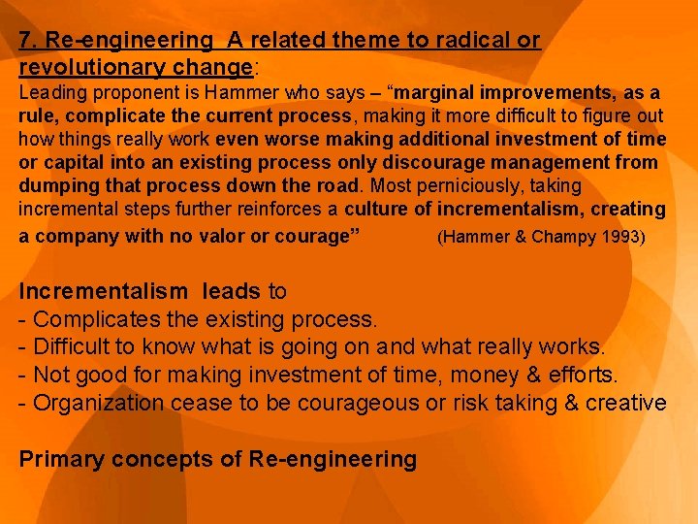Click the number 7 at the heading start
pos(25,41)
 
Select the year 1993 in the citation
pos(622,236)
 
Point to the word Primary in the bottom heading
pos(61,459)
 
